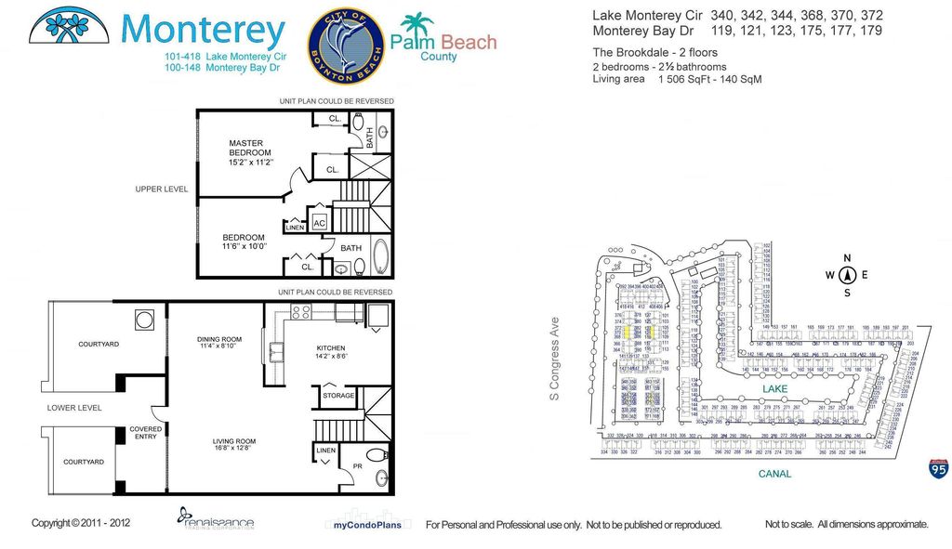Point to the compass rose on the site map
pyautogui.click(x=846, y=275)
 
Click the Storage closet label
pyautogui.click(x=338, y=396)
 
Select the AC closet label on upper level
pyautogui.click(x=319, y=224)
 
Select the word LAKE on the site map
pyautogui.click(x=774, y=388)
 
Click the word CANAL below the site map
pyautogui.click(x=773, y=474)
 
